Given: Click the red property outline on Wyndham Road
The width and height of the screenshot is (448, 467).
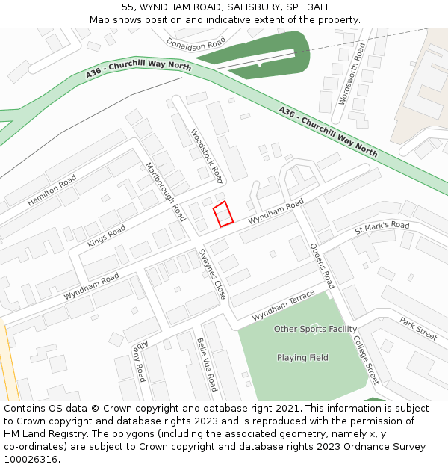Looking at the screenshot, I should click(x=223, y=214).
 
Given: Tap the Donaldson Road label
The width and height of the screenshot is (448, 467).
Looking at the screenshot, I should click(x=196, y=44).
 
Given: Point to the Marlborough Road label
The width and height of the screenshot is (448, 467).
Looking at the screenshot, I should click(x=165, y=191).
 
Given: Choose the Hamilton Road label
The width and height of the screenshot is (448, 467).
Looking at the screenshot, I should click(x=52, y=191).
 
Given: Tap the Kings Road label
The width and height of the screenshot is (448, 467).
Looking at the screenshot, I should click(x=107, y=235).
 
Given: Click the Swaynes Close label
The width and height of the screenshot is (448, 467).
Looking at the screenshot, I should click(x=211, y=274).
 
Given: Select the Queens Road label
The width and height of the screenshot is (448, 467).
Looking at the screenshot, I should click(x=322, y=266).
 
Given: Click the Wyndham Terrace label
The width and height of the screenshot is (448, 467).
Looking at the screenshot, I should click(x=283, y=307).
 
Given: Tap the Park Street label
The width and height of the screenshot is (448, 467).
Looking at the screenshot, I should click(x=417, y=329).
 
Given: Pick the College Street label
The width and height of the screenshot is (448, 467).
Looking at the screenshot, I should click(x=366, y=359).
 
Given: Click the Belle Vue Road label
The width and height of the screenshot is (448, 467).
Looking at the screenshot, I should click(x=207, y=365).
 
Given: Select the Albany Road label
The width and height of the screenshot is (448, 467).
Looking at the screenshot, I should click(x=140, y=362).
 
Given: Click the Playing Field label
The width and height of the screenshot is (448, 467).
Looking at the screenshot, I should click(x=302, y=358).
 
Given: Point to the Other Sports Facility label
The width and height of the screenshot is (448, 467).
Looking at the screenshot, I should click(x=315, y=329).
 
